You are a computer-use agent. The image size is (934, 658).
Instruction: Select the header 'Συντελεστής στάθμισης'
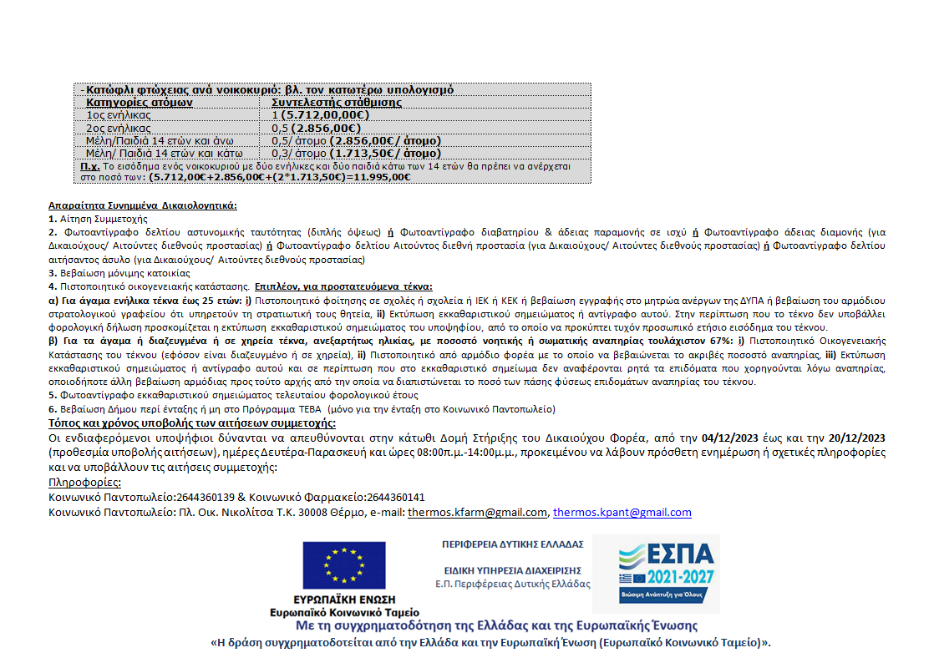click(x=337, y=103)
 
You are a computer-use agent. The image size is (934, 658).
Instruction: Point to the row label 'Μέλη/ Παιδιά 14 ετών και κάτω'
click(x=165, y=154)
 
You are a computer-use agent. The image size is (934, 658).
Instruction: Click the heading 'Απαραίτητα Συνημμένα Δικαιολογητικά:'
click(x=143, y=205)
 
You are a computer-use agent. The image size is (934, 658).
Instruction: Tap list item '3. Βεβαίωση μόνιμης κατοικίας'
click(x=119, y=272)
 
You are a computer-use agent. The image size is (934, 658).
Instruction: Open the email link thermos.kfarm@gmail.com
click(x=477, y=513)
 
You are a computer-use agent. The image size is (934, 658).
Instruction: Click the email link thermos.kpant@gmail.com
click(x=622, y=513)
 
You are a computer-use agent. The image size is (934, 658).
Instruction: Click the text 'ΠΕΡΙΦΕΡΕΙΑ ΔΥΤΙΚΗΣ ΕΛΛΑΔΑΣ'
click(x=513, y=544)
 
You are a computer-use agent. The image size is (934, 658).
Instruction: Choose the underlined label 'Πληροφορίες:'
click(x=84, y=482)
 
